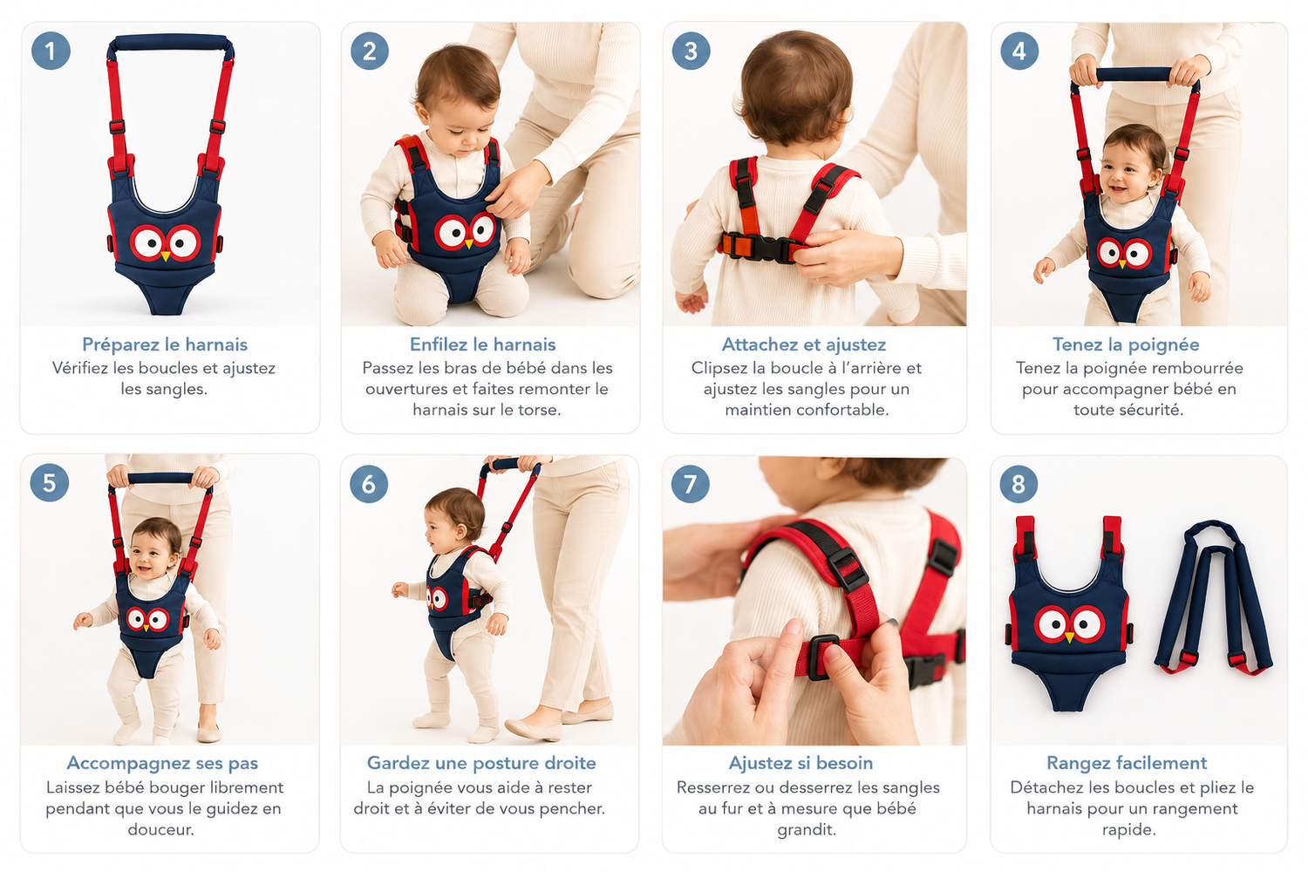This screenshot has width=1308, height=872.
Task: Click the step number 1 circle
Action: click(x=51, y=51)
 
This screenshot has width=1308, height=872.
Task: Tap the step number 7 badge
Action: click(x=691, y=484)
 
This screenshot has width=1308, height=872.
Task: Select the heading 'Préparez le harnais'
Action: click(x=165, y=344)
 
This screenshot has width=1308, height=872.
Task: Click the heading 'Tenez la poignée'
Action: click(x=1126, y=344)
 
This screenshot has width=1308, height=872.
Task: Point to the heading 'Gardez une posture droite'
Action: click(x=481, y=763)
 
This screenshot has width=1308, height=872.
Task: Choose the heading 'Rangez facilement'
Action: click(x=1127, y=763)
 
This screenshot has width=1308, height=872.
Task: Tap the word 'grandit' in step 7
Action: click(x=805, y=830)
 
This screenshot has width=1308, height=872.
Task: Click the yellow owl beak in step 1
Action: click(x=166, y=255)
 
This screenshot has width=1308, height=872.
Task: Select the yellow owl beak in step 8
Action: click(x=1069, y=637)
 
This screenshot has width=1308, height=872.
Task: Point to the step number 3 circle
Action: click(x=691, y=51)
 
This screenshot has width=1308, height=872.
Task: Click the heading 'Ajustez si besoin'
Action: click(x=800, y=763)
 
